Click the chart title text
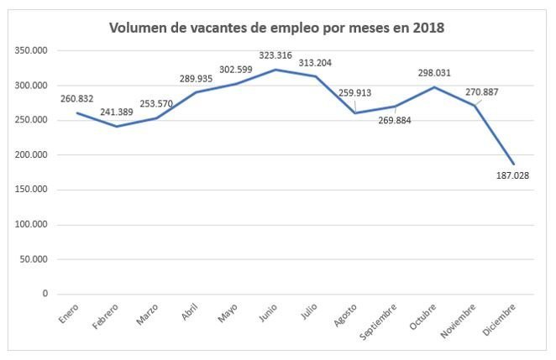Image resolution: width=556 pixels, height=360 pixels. pos(277,28)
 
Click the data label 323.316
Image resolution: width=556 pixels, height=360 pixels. pos(275,55)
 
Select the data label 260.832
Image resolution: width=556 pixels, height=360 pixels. pos(78,99)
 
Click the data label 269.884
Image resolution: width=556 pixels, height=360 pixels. pos(394,120)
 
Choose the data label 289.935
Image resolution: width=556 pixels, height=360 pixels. pos(197,78)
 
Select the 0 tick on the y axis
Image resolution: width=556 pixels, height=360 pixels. pos(43,294)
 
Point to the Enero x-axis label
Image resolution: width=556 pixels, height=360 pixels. pos(68,312)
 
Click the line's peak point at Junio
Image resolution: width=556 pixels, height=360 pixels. pos(271,70)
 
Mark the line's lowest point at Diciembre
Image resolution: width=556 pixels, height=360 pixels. pos(512,164)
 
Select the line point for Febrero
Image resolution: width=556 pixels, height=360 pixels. pos(117,127)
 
